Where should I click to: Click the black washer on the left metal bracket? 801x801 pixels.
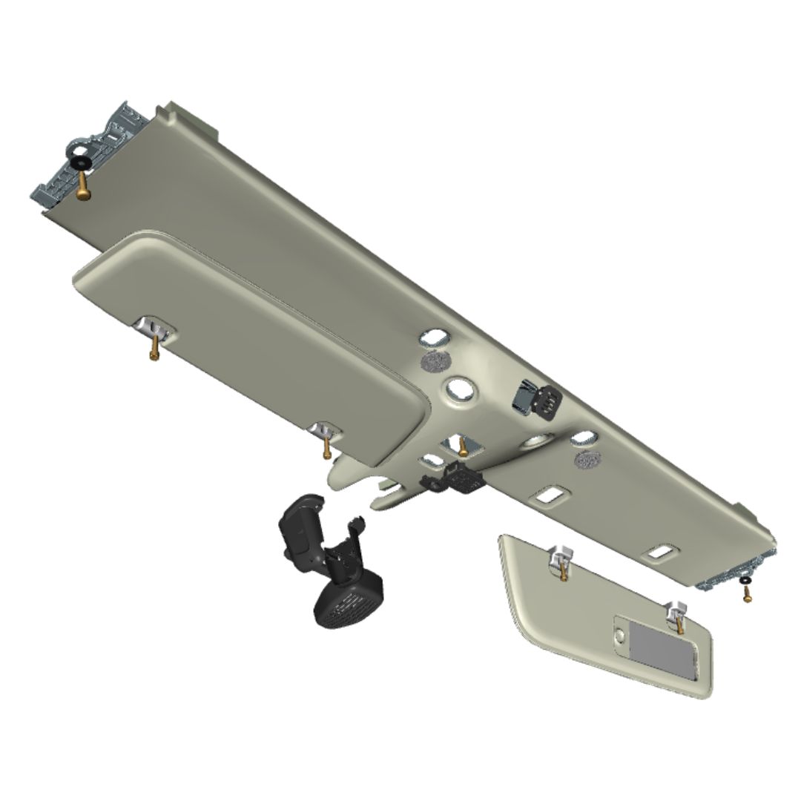pos(78,162)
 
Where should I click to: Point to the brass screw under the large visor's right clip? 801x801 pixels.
pos(326,447)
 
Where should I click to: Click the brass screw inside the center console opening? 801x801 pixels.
pos(462,447)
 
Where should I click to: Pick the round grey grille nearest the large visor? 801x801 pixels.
pos(436,362)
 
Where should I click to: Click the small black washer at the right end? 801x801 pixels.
pos(743,579)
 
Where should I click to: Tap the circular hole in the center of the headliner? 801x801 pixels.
pos(461,387)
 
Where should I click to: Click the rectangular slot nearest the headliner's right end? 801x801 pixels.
pos(659,552)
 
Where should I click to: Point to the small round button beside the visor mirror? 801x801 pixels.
pos(620,636)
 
